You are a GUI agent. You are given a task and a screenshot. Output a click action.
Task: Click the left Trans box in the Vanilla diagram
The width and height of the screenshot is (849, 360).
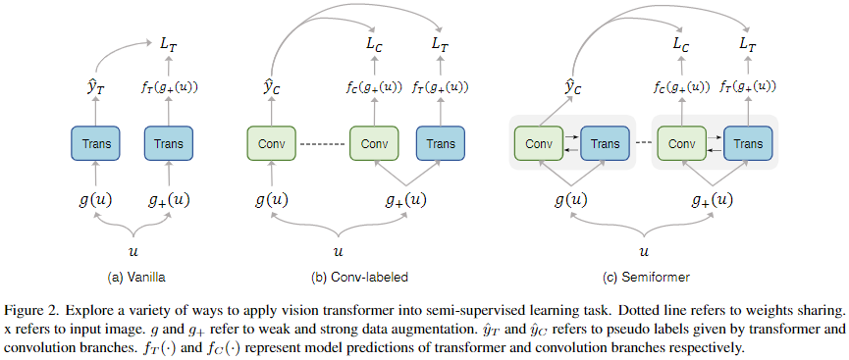pos(95,144)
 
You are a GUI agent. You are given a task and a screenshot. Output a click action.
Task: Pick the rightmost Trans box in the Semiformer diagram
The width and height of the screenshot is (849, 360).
pos(748,144)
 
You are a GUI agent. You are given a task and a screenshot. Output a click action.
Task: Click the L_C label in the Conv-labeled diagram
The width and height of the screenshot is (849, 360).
pos(374,43)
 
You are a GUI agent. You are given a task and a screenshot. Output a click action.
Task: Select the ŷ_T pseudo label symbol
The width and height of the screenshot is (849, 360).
pos(94,88)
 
